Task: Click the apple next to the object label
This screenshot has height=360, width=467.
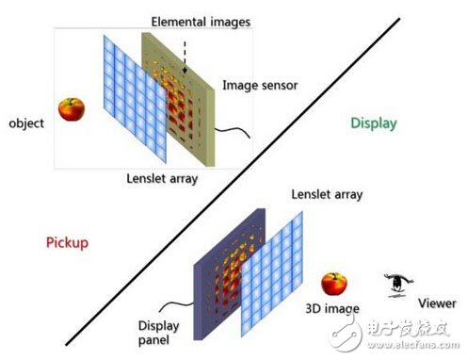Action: pos(70,109)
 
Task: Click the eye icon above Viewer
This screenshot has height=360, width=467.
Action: pos(397,282)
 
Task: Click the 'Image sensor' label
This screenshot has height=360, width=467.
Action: pos(259,85)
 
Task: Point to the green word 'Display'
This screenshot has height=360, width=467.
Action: pos(374,123)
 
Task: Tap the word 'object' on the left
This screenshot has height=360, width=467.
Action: pos(26,123)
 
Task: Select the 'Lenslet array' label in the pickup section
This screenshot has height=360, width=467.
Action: pos(157,177)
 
